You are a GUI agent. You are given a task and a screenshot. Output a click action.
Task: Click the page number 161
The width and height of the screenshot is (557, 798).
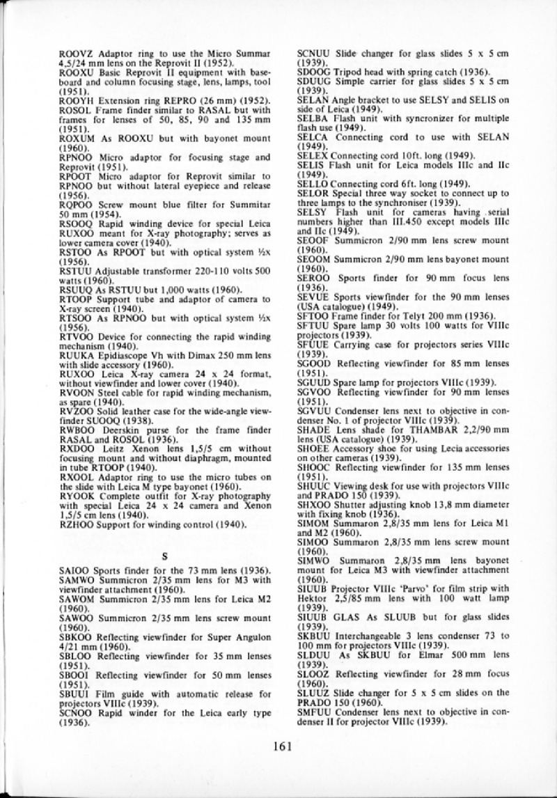281,747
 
